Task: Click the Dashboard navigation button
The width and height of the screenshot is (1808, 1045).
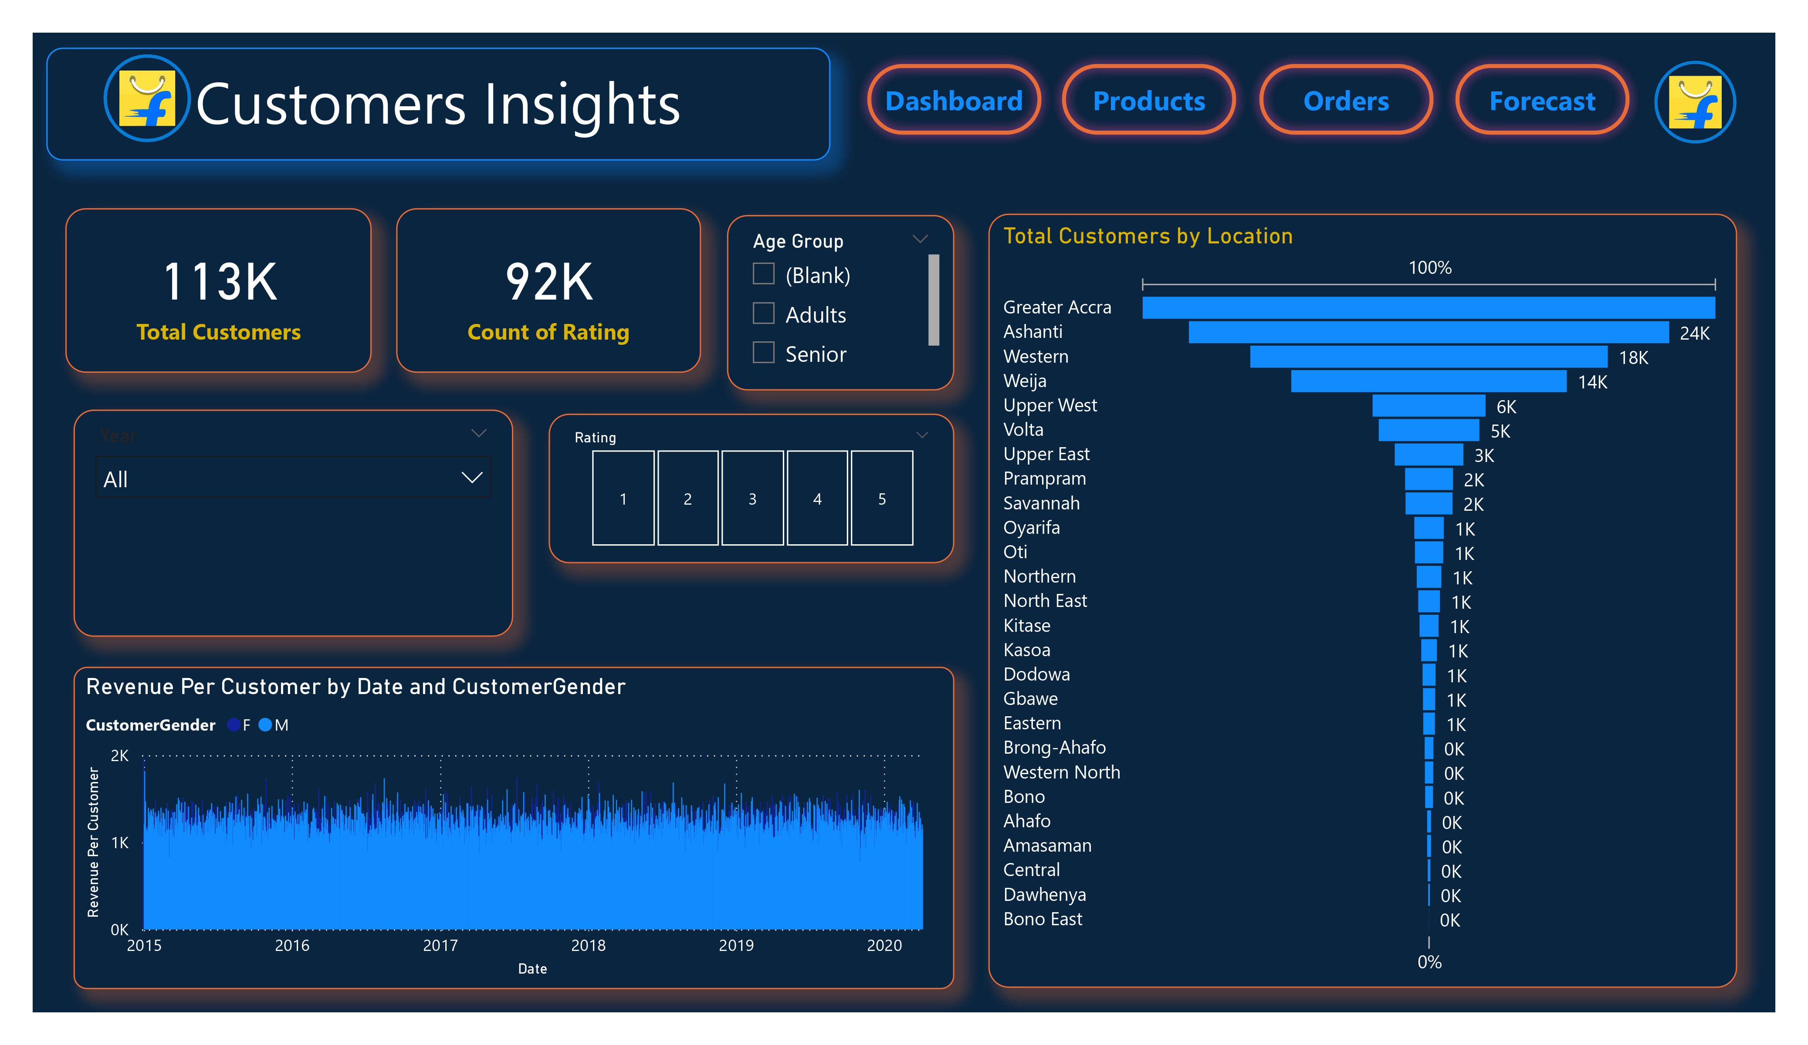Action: pos(954,101)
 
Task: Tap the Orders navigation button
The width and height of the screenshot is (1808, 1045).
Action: pos(1345,101)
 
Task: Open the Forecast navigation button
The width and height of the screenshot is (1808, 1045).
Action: pos(1542,101)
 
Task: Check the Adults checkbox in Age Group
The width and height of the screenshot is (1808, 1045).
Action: pos(763,313)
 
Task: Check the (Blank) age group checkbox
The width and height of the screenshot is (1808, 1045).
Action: pos(763,274)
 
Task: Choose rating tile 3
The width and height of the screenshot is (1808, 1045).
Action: pos(752,499)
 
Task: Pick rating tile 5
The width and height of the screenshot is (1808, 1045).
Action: pos(882,499)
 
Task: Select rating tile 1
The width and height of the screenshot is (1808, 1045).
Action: pos(623,499)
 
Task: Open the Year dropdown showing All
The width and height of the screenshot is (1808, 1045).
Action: pos(293,479)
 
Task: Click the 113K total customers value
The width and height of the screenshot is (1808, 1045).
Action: pos(220,281)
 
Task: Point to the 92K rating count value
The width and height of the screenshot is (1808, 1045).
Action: pos(549,281)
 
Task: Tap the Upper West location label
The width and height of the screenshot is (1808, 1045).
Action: pos(1050,405)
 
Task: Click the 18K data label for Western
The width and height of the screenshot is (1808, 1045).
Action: pos(1633,358)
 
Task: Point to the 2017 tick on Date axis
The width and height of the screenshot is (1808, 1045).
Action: pos(440,945)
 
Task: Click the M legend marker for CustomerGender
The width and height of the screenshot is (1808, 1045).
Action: pos(265,725)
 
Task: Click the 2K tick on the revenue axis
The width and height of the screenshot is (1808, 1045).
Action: pos(120,755)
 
